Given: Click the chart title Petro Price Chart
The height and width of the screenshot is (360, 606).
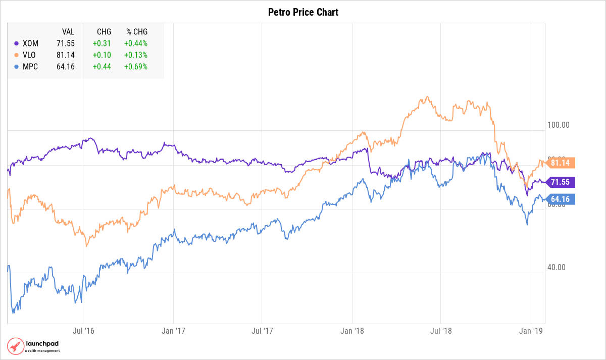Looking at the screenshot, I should tap(303, 12).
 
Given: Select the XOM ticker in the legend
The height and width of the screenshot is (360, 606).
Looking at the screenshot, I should tap(30, 43).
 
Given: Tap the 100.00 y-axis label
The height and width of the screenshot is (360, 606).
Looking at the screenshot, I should tap(559, 125).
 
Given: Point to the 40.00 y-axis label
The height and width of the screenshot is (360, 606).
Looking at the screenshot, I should tap(557, 268).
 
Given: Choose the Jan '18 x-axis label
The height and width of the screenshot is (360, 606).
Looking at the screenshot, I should tap(352, 331).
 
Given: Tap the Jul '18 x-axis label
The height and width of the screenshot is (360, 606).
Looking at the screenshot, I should tap(441, 331).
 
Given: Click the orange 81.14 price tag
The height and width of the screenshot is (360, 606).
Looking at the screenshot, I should tap(561, 163).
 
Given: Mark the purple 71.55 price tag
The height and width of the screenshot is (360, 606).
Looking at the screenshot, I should tap(561, 182).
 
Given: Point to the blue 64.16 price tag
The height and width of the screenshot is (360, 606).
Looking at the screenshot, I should tap(561, 199).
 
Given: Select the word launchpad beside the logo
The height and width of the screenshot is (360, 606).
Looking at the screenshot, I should tap(42, 344).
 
